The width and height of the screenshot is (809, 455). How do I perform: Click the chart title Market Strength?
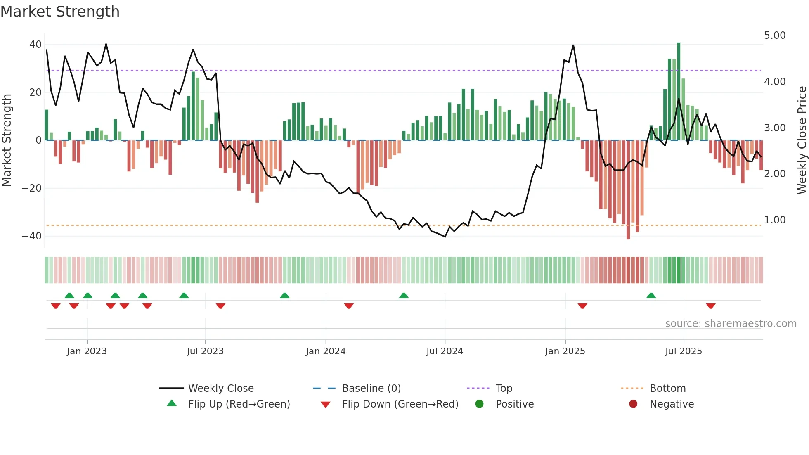(60, 12)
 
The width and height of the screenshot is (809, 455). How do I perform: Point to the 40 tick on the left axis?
(35, 45)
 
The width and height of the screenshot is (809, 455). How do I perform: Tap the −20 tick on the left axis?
(32, 188)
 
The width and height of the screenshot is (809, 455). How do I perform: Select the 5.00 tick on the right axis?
(775, 36)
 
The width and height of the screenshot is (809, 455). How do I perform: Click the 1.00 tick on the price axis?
(775, 220)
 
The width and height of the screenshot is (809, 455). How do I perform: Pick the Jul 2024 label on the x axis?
(445, 351)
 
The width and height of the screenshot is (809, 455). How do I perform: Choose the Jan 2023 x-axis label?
(87, 351)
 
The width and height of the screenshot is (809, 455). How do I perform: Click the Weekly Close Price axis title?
(802, 140)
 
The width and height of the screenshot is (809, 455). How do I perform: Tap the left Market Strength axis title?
(7, 140)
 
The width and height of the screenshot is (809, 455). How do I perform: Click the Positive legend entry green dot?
(479, 404)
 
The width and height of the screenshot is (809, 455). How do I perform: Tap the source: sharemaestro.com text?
(731, 324)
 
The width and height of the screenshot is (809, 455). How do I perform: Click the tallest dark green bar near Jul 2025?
(679, 91)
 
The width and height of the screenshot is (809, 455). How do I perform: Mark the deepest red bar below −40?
(628, 190)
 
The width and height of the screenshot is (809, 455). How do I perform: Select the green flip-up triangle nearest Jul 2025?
(651, 296)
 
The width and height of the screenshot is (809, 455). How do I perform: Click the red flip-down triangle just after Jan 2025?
(582, 306)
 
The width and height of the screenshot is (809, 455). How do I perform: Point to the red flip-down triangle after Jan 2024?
(349, 306)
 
